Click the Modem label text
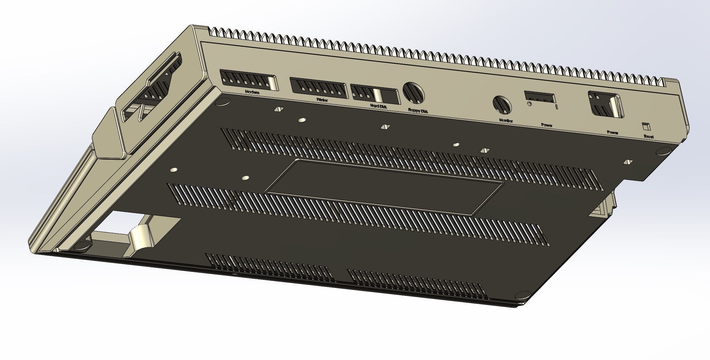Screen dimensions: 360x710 pyautogui.click(x=252, y=92)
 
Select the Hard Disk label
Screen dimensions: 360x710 pyautogui.click(x=379, y=106)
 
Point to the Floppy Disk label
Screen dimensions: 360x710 pyautogui.click(x=418, y=111)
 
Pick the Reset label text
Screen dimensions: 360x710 pyautogui.click(x=649, y=136)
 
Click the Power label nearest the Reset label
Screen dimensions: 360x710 pyautogui.click(x=612, y=132)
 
